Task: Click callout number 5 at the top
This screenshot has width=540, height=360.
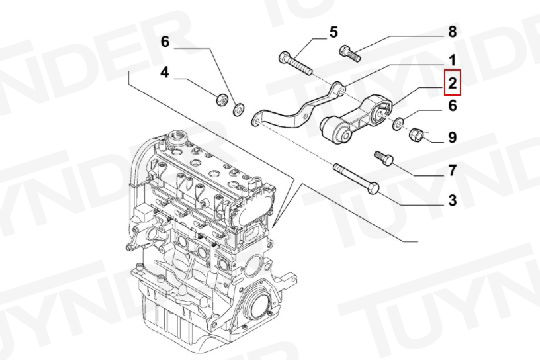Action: tap(333, 32)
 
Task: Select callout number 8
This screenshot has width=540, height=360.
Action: tap(452, 32)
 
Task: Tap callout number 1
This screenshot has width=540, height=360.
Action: tap(453, 60)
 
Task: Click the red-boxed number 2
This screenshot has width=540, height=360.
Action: tap(452, 83)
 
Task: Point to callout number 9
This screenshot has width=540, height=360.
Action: tap(452, 137)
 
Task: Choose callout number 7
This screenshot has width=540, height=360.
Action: tap(453, 171)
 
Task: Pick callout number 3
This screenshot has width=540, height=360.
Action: tap(453, 200)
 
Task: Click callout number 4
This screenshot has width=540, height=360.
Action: tap(165, 73)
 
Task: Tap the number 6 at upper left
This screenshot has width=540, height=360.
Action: tap(165, 42)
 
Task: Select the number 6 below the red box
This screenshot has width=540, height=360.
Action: tap(453, 105)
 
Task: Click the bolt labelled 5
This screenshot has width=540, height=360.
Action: tap(295, 63)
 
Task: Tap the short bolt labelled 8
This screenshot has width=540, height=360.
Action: tap(350, 53)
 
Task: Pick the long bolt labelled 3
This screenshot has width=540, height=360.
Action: tap(356, 178)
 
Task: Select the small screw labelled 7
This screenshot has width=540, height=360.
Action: tap(384, 158)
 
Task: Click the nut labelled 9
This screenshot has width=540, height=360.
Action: tap(416, 134)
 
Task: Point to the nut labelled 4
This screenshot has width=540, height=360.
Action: tap(221, 99)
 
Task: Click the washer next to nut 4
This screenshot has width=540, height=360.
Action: tap(238, 109)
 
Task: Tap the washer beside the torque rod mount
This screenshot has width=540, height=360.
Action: tap(398, 123)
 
